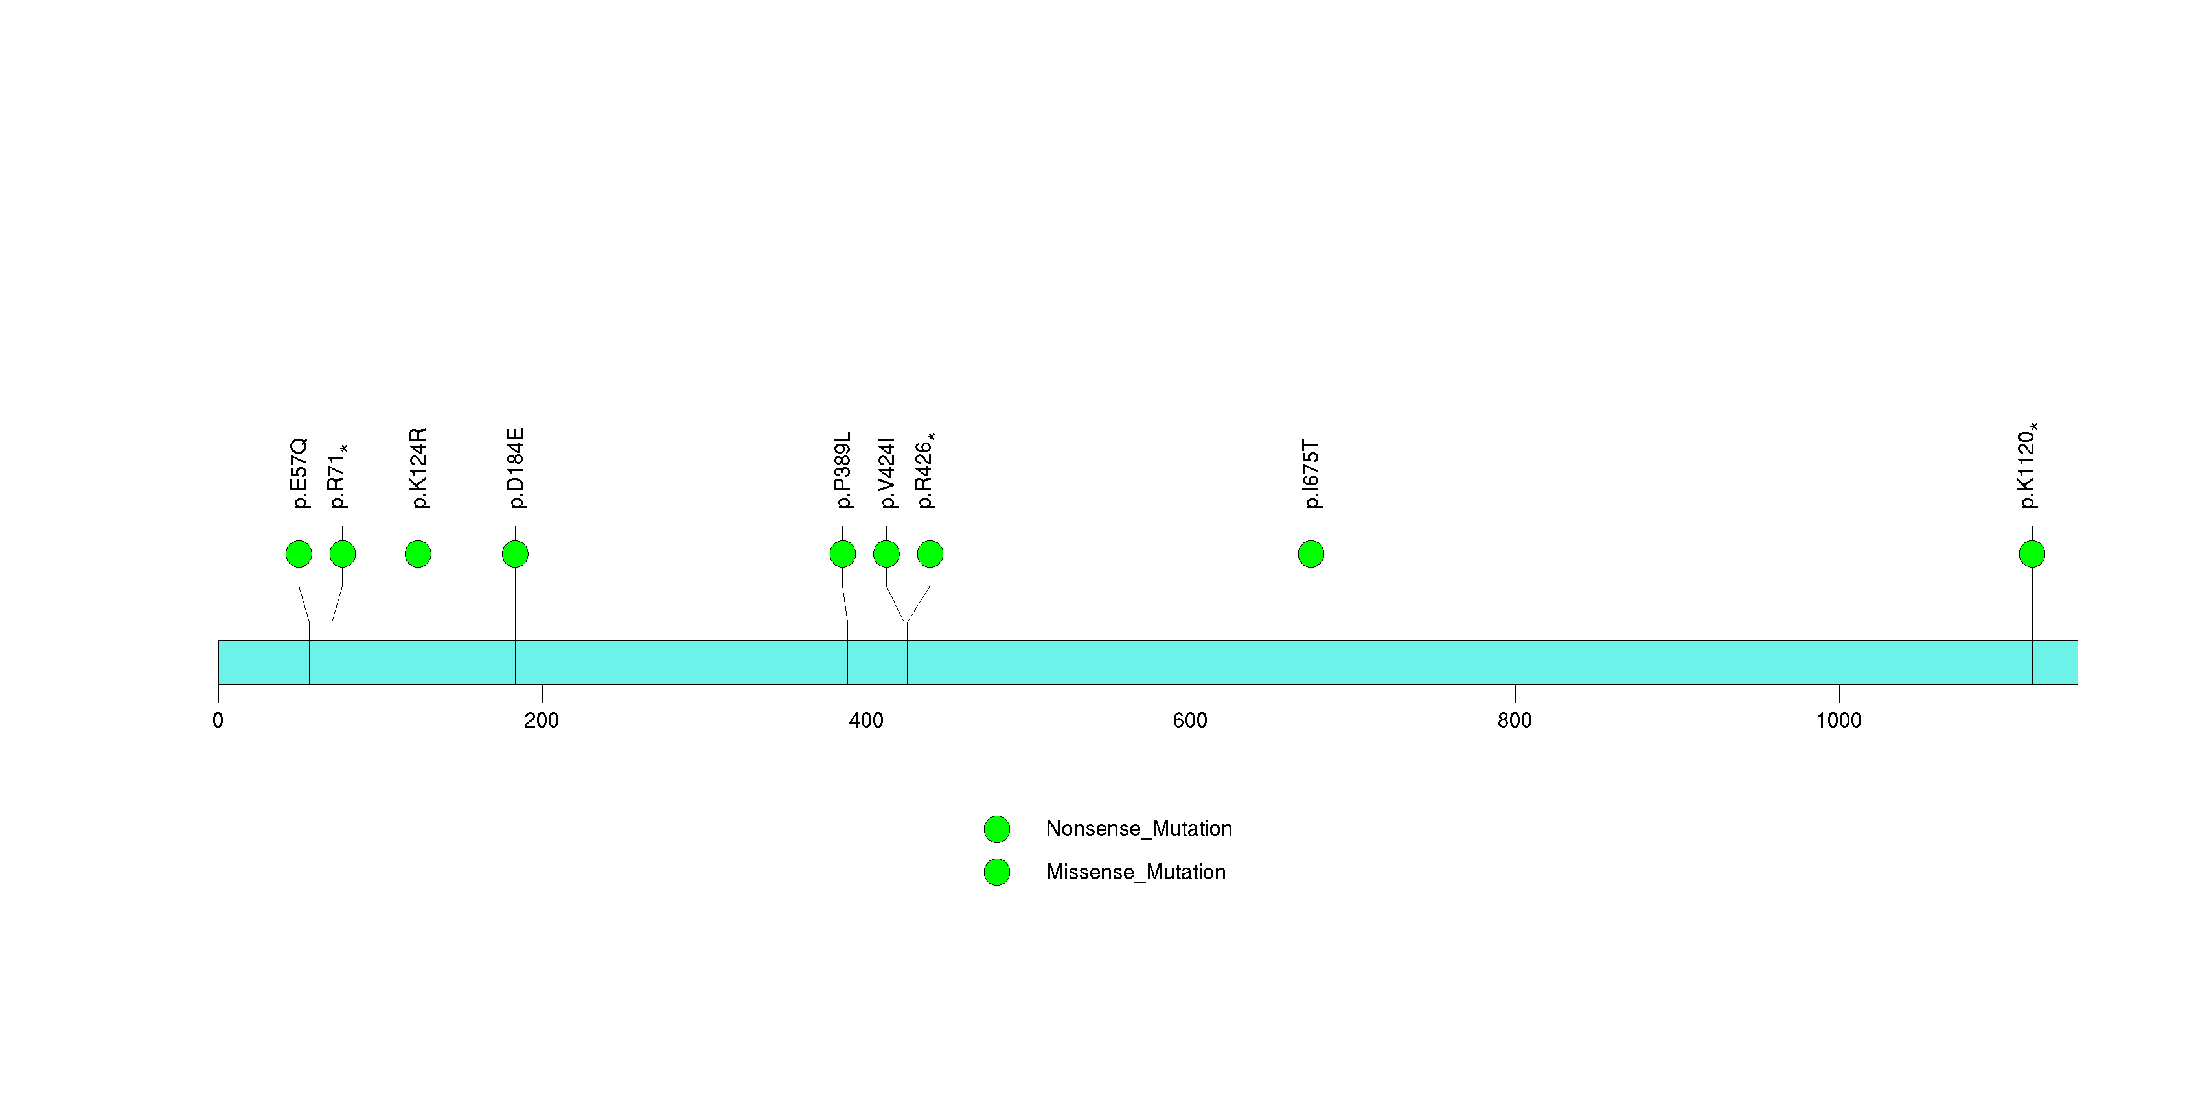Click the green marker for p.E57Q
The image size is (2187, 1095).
click(299, 554)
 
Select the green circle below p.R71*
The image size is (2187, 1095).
click(342, 554)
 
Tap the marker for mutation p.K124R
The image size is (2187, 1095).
click(418, 554)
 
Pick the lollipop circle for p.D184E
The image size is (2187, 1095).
click(516, 554)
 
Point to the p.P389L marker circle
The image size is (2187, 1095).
click(842, 554)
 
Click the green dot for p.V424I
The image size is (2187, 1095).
click(886, 554)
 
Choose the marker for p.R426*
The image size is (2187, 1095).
click(930, 554)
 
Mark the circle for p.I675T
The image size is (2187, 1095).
click(1311, 554)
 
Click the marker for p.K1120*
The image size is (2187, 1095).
click(2032, 554)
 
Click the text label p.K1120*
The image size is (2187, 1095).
click(2028, 466)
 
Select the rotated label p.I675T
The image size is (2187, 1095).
click(1312, 474)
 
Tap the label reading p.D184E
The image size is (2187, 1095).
click(516, 468)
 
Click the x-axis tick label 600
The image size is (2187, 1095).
click(1190, 720)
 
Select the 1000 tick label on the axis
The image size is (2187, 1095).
click(1839, 720)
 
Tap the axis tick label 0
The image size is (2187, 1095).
click(218, 720)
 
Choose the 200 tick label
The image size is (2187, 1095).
click(542, 720)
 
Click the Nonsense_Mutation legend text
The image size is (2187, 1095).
click(1138, 829)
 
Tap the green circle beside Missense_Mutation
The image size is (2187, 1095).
click(997, 871)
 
